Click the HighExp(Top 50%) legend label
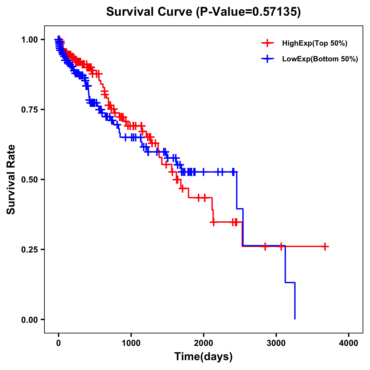[314, 43]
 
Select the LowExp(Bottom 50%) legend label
[320, 59]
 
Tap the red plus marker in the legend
[267, 43]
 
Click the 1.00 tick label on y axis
[30, 39]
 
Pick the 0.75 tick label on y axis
[30, 109]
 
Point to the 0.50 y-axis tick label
[30, 179]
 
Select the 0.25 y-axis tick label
[30, 249]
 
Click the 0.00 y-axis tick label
[30, 319]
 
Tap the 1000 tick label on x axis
[131, 343]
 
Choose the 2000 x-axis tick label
[203, 343]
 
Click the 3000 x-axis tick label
[276, 343]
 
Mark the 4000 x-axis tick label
[349, 343]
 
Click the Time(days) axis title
[203, 357]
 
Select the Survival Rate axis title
[11, 179]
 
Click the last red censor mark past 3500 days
[325, 247]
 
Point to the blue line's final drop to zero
[295, 301]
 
